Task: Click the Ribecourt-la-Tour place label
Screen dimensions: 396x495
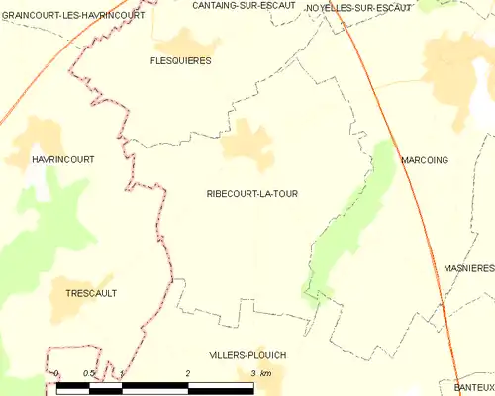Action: (x=251, y=194)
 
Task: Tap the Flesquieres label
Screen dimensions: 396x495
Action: (x=180, y=60)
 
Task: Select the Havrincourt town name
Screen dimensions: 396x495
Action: (x=41, y=157)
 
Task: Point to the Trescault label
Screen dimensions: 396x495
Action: (x=91, y=293)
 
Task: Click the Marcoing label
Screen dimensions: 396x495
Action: (x=426, y=158)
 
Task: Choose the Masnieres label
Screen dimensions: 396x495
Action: (x=468, y=268)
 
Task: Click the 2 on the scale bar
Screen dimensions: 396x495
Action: (x=188, y=373)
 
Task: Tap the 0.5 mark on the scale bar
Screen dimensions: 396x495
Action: (x=88, y=373)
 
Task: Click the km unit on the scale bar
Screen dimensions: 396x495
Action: (x=265, y=373)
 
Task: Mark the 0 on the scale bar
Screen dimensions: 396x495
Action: (x=57, y=373)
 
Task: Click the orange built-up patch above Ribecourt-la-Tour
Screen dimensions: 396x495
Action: (x=247, y=144)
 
